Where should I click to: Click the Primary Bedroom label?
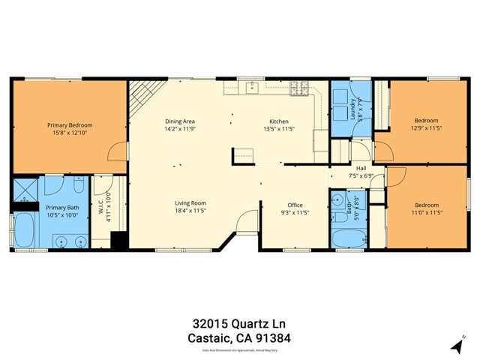(x=70, y=125)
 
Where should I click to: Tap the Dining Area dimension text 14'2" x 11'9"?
(x=180, y=129)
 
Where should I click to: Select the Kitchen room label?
(x=279, y=121)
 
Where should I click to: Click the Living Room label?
(x=190, y=203)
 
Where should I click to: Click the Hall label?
(x=361, y=168)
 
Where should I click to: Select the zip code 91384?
(x=272, y=338)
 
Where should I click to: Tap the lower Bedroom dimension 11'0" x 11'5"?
(x=427, y=213)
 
